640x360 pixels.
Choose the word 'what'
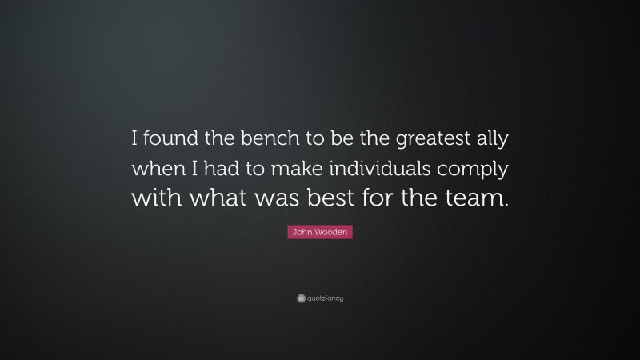(215, 197)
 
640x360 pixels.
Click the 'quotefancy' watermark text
(324, 298)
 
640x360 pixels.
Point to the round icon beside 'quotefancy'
(300, 298)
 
